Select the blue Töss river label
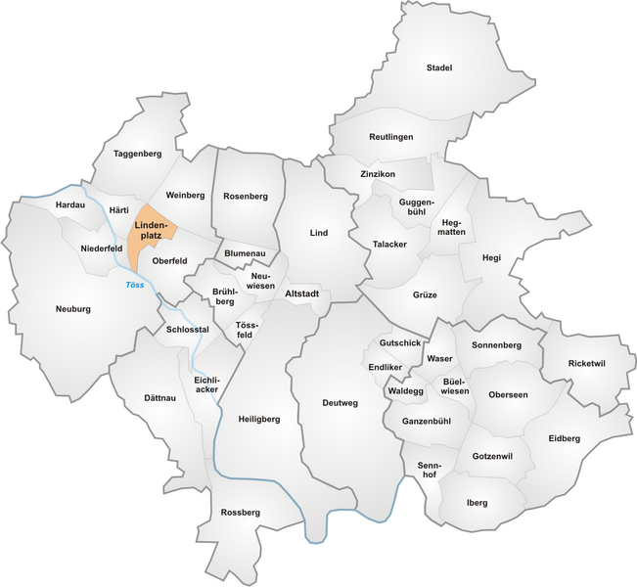(135, 285)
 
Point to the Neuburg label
(73, 309)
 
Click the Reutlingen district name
(391, 137)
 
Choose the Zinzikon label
(377, 173)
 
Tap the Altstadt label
(303, 293)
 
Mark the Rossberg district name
(241, 512)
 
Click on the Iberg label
(478, 503)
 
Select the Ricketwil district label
(587, 363)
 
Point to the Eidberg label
(565, 438)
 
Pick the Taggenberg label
(137, 154)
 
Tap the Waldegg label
(405, 390)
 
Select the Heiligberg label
(258, 419)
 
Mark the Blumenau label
(245, 252)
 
